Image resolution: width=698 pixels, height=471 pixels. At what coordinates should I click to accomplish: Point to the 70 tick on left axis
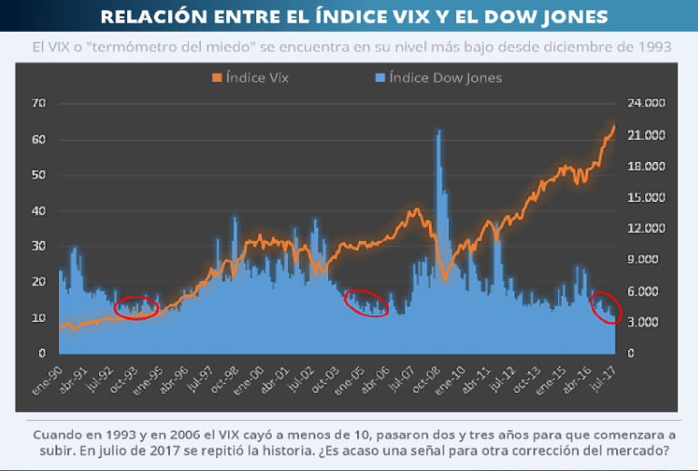pyautogui.click(x=38, y=104)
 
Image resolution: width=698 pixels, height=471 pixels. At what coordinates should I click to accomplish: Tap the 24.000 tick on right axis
pyautogui.click(x=648, y=104)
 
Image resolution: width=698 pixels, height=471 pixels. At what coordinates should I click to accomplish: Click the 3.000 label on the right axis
pyautogui.click(x=648, y=322)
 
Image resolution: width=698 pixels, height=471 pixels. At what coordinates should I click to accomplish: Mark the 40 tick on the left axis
pyautogui.click(x=38, y=211)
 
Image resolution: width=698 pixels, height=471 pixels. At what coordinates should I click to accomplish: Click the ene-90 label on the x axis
pyautogui.click(x=47, y=375)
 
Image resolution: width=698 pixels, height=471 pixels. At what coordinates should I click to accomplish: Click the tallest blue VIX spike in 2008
pyautogui.click(x=440, y=133)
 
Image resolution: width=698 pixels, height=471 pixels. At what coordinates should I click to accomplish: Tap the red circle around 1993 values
pyautogui.click(x=136, y=307)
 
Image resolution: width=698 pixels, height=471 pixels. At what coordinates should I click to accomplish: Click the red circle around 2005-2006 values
pyautogui.click(x=366, y=304)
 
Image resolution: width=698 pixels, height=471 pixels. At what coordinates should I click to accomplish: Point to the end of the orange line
pyautogui.click(x=615, y=125)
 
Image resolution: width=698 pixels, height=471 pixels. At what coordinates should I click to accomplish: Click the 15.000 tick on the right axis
pyautogui.click(x=648, y=197)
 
